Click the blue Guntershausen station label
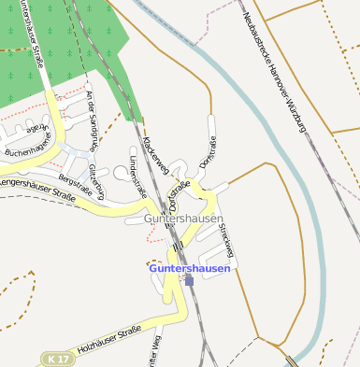coord(189,268)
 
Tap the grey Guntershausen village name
coord(183,219)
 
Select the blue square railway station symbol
coord(189,279)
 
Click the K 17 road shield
coord(57,359)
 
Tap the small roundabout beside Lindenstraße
coord(122,172)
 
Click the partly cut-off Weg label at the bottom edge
coord(156,349)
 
